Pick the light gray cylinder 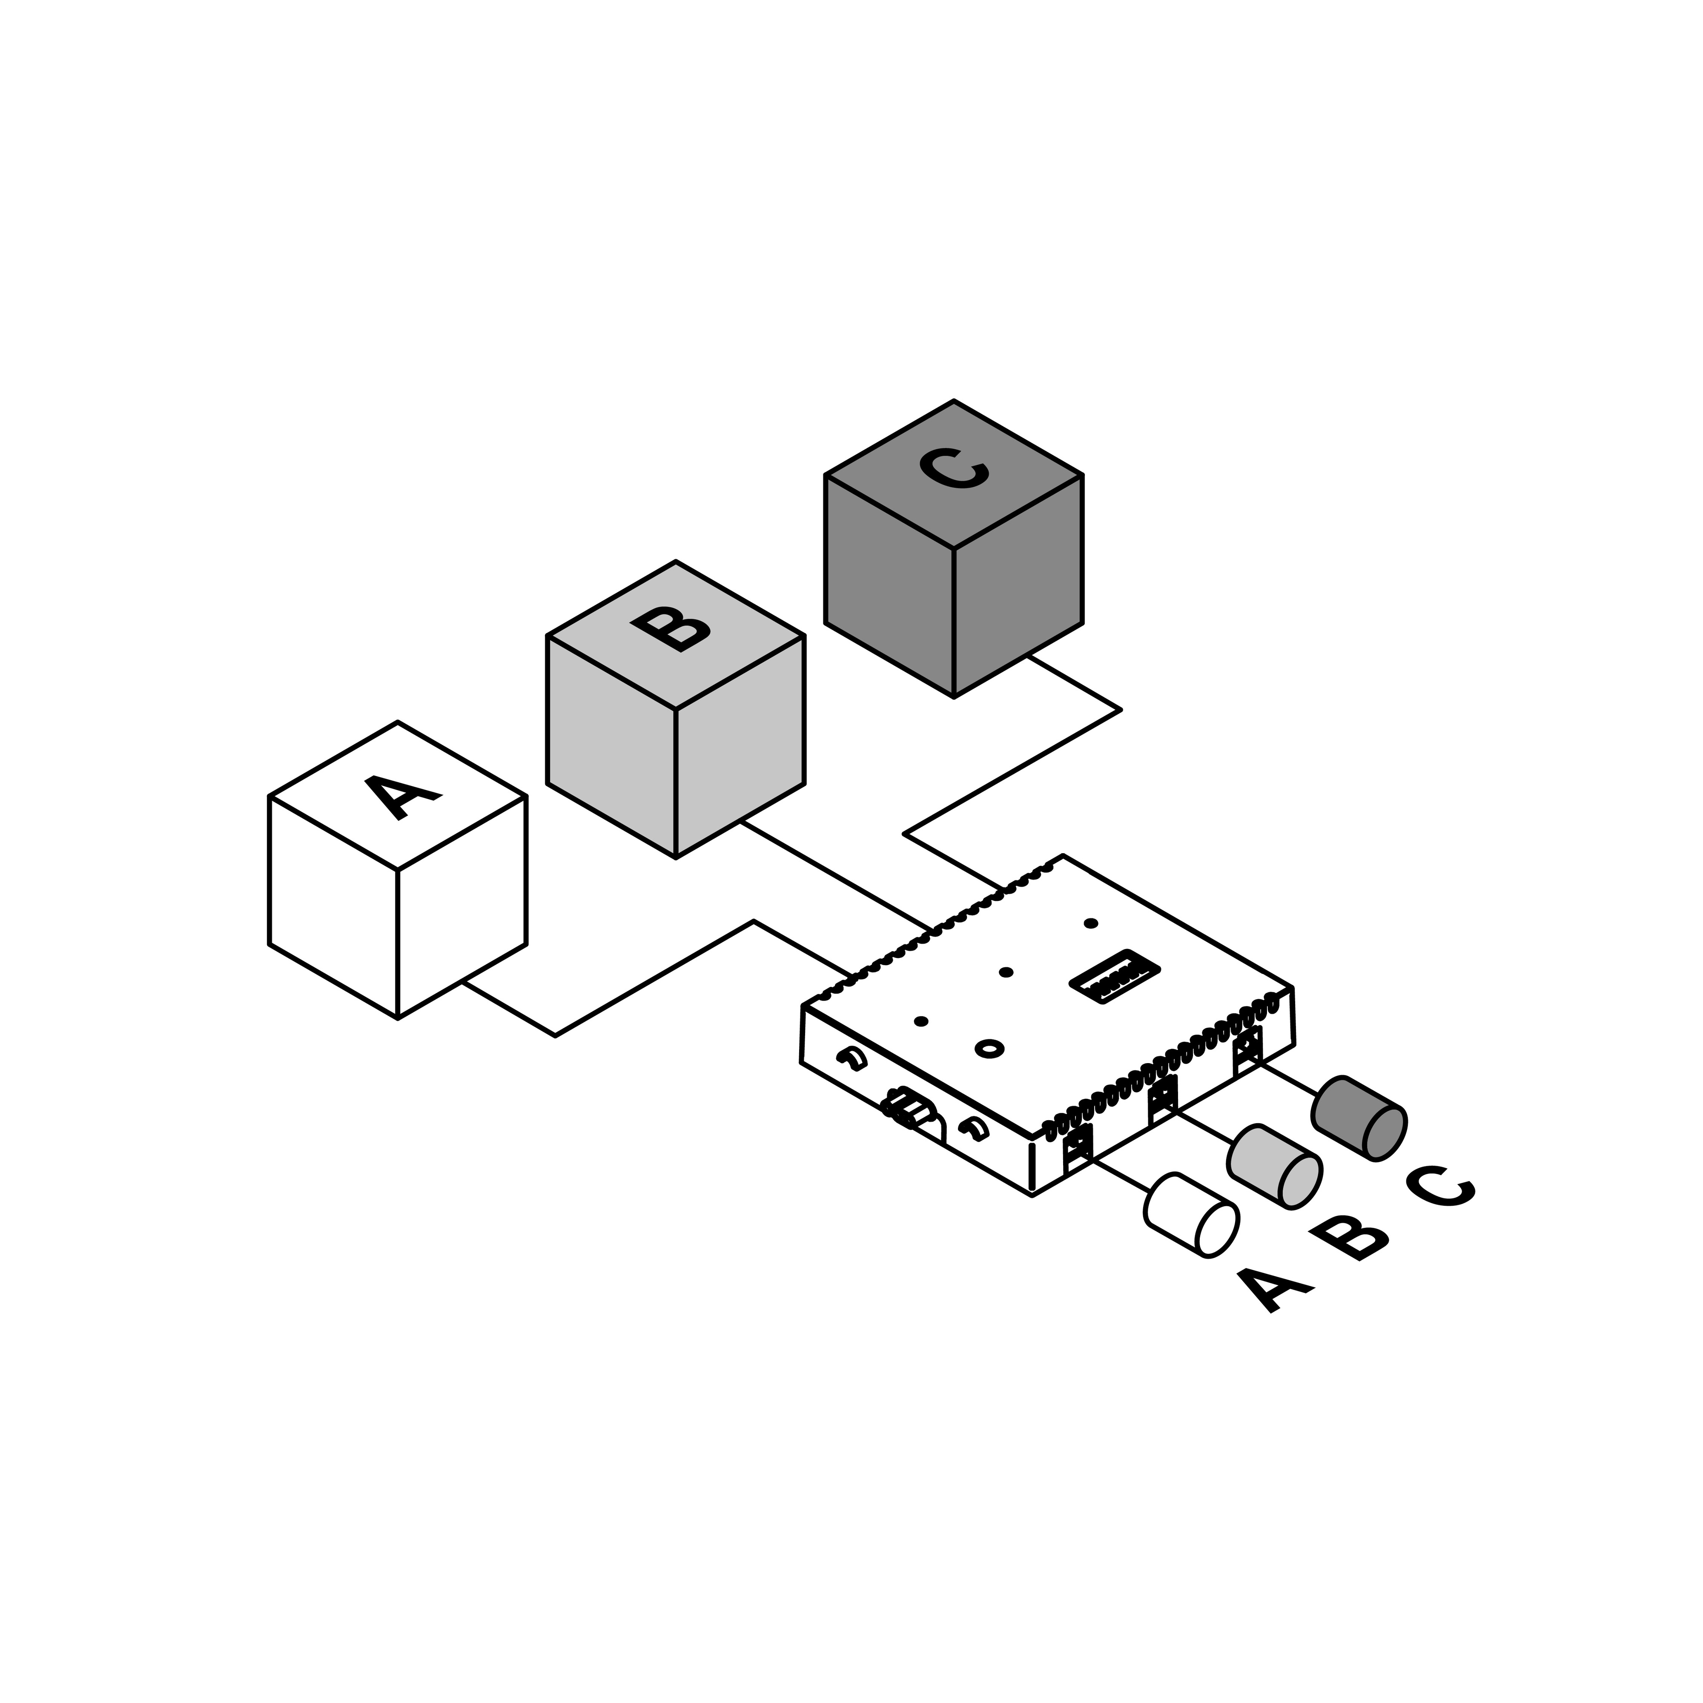[x=1275, y=1166]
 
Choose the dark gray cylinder [x=1358, y=1118]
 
